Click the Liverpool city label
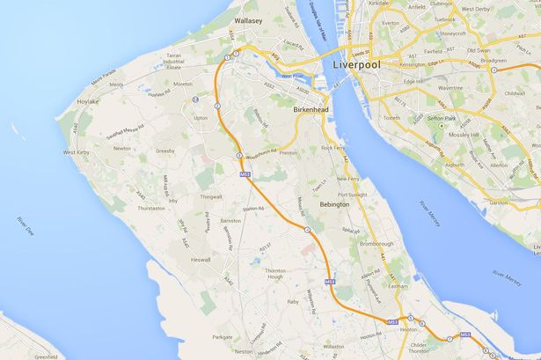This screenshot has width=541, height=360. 361,66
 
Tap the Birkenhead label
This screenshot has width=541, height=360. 312,111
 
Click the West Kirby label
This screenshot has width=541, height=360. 79,152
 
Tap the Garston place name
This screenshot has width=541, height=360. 499,202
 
